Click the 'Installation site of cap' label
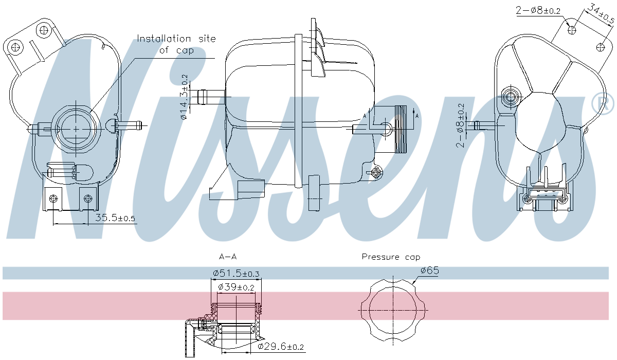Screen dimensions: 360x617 tap(176, 44)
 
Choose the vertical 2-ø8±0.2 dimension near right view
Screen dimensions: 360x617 tap(461, 124)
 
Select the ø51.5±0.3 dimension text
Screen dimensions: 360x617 tap(237, 273)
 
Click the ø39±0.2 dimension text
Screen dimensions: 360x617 tap(236, 287)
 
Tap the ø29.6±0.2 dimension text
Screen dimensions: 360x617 tap(280, 347)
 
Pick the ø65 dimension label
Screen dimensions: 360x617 tap(429, 270)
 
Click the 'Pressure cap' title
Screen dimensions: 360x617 tap(390, 257)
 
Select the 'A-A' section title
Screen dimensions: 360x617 tap(228, 256)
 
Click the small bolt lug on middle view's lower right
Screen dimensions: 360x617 tap(377, 171)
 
